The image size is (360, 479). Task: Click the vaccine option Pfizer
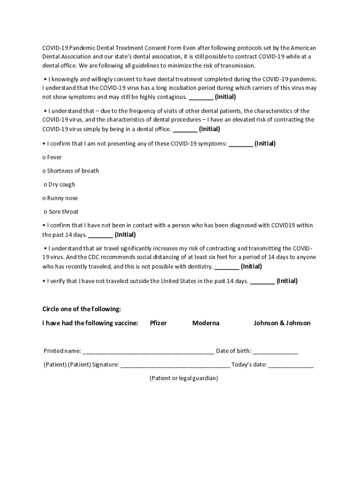coord(158,323)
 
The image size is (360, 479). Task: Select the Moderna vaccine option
coord(206,323)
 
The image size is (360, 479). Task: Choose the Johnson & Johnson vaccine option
coord(282,323)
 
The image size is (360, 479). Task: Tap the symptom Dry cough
coord(62,185)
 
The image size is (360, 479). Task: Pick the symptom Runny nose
coord(63,198)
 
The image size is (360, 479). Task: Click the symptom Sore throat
coord(64,212)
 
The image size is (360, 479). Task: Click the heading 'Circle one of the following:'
coord(82,309)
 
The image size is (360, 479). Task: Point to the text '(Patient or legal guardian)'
coord(184,378)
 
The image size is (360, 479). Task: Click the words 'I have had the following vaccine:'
coord(90,323)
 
